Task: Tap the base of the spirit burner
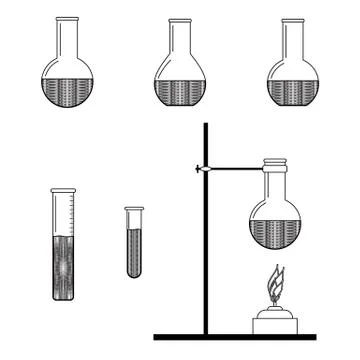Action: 276,322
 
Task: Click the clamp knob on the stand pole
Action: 201,168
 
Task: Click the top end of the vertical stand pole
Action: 207,126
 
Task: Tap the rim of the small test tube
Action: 135,208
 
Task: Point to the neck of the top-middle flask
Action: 181,40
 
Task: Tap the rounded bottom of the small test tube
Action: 135,273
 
